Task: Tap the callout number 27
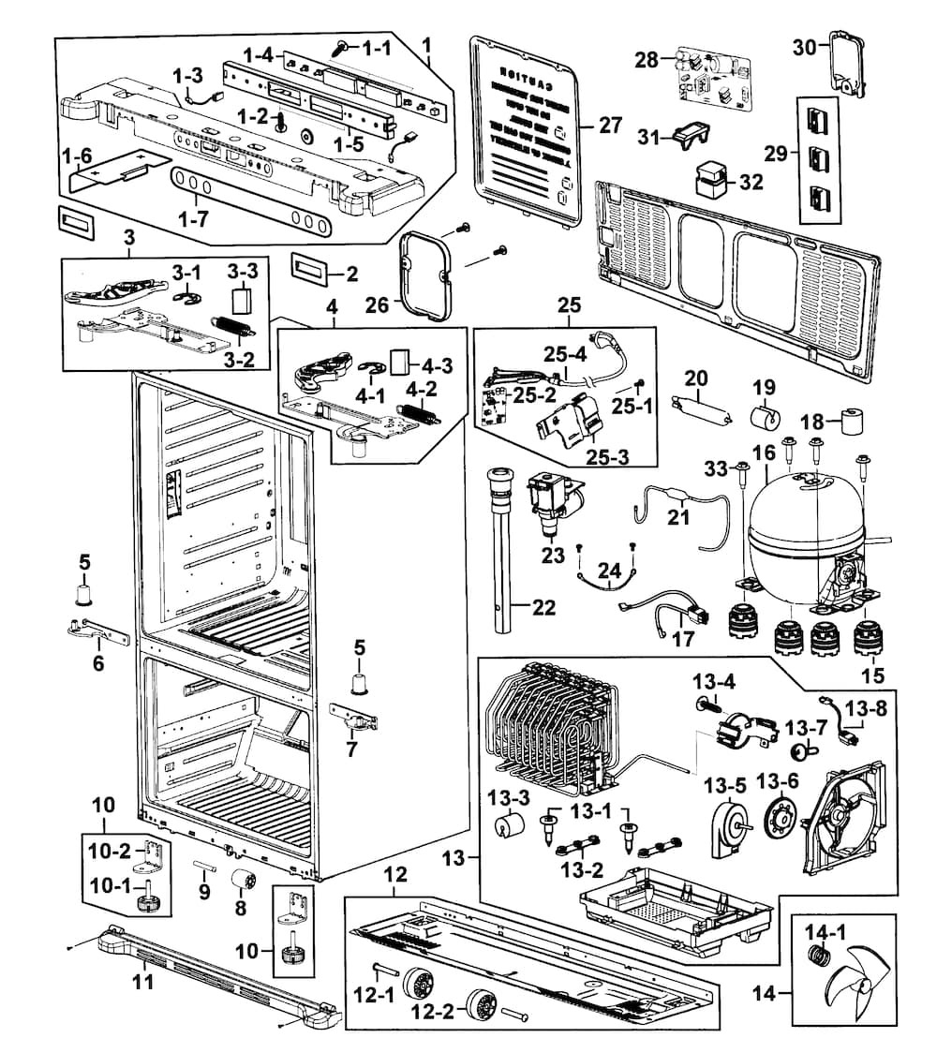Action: click(x=610, y=125)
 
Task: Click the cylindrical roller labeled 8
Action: click(x=245, y=882)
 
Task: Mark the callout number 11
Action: click(x=142, y=982)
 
